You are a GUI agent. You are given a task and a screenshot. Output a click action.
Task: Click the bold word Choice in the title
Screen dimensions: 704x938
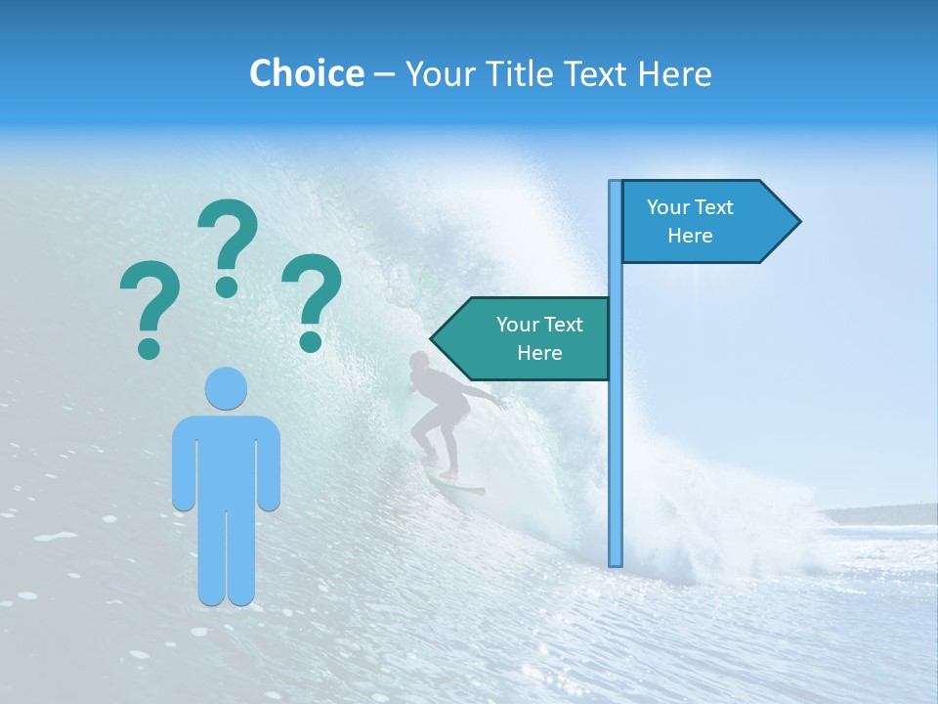(x=306, y=73)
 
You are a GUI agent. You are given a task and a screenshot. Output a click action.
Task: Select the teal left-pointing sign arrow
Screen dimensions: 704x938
(x=528, y=338)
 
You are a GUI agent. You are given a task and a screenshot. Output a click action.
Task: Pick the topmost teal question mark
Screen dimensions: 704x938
(x=228, y=244)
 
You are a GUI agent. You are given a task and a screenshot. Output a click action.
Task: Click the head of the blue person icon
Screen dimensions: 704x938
(x=226, y=387)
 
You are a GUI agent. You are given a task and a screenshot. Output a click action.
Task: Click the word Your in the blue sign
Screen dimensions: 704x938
(x=668, y=207)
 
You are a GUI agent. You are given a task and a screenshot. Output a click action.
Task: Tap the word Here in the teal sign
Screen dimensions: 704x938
(x=539, y=353)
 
